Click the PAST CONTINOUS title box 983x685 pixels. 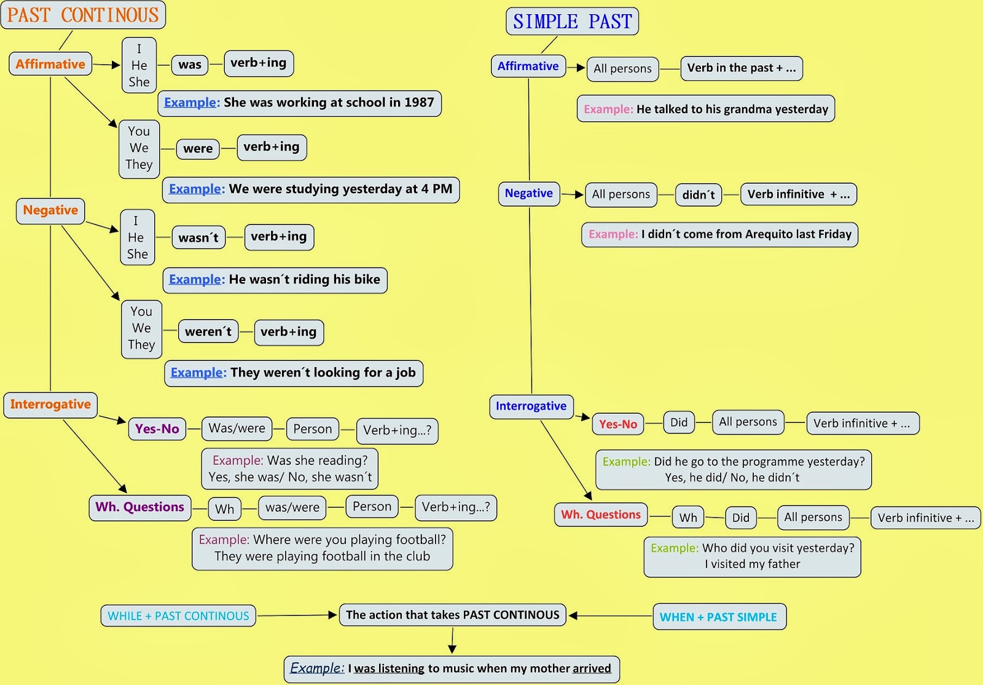83,15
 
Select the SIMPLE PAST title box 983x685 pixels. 572,22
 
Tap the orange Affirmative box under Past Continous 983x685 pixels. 50,64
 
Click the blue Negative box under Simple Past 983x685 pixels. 528,193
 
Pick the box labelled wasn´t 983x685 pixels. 198,237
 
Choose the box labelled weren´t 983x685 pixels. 208,331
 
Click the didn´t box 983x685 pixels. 699,195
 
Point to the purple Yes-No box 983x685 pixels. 157,429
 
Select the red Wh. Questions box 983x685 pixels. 601,515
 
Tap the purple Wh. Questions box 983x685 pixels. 139,507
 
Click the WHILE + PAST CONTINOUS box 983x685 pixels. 178,616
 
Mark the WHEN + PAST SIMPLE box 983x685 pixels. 718,617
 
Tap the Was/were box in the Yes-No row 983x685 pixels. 237,429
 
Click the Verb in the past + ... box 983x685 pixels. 741,68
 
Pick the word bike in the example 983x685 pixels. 367,280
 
